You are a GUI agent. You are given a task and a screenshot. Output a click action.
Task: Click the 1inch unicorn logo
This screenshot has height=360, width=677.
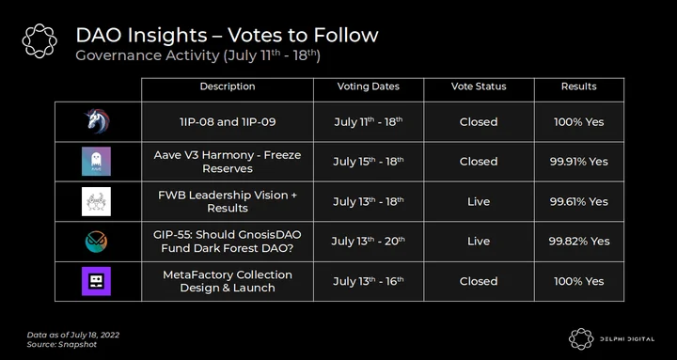[97, 121]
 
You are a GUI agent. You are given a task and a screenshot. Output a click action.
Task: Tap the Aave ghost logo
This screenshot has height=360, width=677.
[96, 162]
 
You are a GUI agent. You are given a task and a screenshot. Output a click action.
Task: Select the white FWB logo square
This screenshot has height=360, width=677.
[96, 201]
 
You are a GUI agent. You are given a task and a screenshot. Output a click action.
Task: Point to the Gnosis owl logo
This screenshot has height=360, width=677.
[96, 242]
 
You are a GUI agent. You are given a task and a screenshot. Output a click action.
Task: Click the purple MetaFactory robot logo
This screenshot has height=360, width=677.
[96, 281]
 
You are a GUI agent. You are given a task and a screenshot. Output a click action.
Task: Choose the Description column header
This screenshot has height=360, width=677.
[228, 86]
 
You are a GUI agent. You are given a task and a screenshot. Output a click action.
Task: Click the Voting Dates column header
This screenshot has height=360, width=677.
[369, 86]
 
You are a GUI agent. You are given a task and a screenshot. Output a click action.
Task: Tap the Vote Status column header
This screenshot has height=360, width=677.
[479, 86]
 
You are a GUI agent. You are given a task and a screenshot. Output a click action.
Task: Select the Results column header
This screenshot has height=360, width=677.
[579, 86]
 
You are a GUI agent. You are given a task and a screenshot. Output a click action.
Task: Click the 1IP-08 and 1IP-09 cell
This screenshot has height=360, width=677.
[228, 122]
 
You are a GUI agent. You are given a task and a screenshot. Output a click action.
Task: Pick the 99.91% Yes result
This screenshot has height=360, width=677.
[579, 162]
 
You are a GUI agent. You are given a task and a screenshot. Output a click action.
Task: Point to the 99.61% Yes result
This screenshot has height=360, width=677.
[579, 202]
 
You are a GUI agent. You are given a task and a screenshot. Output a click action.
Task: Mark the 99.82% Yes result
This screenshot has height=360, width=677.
[579, 242]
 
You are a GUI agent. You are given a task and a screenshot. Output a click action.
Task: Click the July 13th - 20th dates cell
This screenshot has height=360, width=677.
[369, 241]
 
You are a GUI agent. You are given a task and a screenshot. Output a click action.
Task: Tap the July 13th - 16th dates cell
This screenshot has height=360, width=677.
[369, 281]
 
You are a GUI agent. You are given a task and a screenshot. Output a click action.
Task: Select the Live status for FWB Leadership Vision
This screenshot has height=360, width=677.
[479, 202]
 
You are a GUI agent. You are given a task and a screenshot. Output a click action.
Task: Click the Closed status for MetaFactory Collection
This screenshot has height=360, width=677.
[479, 281]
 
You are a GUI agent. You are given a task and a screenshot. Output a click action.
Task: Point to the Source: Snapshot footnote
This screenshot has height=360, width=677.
[62, 344]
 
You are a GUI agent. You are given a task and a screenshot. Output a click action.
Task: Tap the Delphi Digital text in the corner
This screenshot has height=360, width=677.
[627, 339]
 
